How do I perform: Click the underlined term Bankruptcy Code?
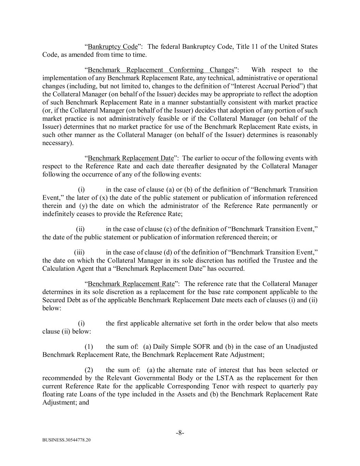click(x=113, y=46)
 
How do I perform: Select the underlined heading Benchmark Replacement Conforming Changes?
click(x=161, y=70)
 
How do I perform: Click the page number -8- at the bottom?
click(x=180, y=433)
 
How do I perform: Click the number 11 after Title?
click(x=255, y=46)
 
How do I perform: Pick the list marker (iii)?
click(x=79, y=253)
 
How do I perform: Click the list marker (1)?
click(x=89, y=347)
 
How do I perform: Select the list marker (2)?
click(x=89, y=370)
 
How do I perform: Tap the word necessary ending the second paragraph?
click(x=56, y=143)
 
